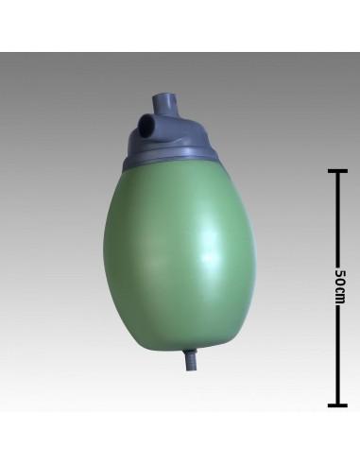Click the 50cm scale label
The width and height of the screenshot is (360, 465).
339,286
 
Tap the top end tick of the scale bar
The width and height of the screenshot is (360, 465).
338,171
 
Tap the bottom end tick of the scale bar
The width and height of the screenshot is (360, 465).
338,405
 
